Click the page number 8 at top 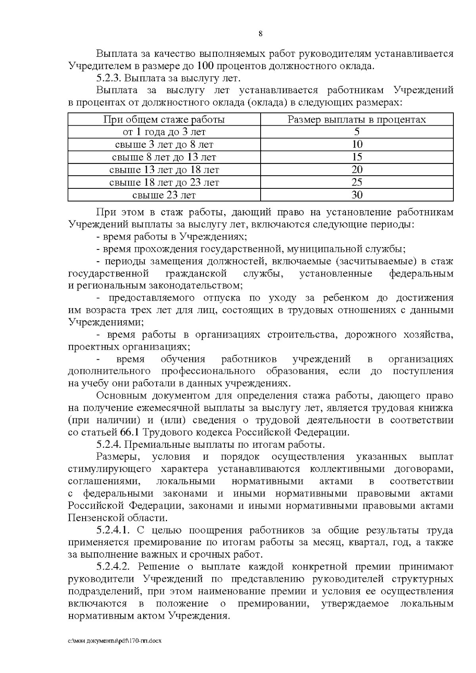pyautogui.click(x=261, y=34)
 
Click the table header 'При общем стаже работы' pyautogui.click(x=164, y=119)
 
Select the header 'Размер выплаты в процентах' pyautogui.click(x=357, y=119)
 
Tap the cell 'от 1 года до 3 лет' pyautogui.click(x=164, y=132)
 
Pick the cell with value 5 pyautogui.click(x=357, y=132)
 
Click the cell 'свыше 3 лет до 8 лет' pyautogui.click(x=164, y=144)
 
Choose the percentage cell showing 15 pyautogui.click(x=357, y=157)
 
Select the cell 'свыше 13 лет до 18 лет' pyautogui.click(x=164, y=170)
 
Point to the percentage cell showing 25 pyautogui.click(x=357, y=182)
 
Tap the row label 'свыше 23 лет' pyautogui.click(x=164, y=195)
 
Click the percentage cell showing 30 pyautogui.click(x=357, y=195)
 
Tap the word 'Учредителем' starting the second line pyautogui.click(x=94, y=65)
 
